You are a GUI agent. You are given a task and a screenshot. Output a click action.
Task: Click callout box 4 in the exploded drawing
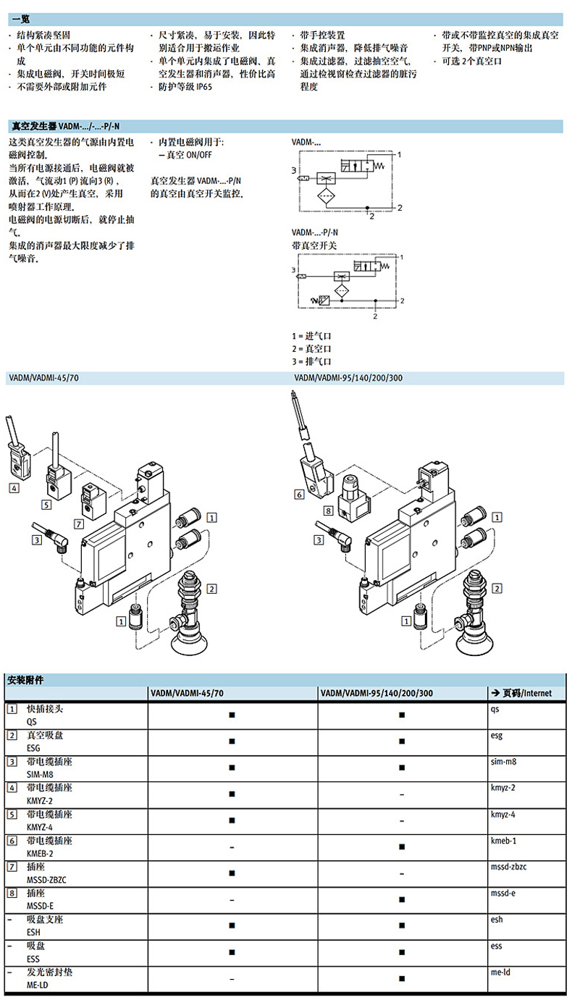pyautogui.click(x=14, y=488)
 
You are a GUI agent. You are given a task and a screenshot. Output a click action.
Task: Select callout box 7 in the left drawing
pyautogui.click(x=79, y=522)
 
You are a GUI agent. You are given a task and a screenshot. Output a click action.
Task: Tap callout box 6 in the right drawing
pyautogui.click(x=298, y=495)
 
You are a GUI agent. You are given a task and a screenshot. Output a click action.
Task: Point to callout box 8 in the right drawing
pyautogui.click(x=328, y=511)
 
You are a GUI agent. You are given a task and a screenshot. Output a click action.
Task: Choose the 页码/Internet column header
pyautogui.click(x=523, y=693)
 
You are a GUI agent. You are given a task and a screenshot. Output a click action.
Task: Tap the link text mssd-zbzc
pyautogui.click(x=510, y=867)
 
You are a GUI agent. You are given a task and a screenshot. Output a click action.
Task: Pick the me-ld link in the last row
pyautogui.click(x=500, y=972)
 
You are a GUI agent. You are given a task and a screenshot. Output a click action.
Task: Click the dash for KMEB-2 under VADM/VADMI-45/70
pyautogui.click(x=232, y=847)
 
